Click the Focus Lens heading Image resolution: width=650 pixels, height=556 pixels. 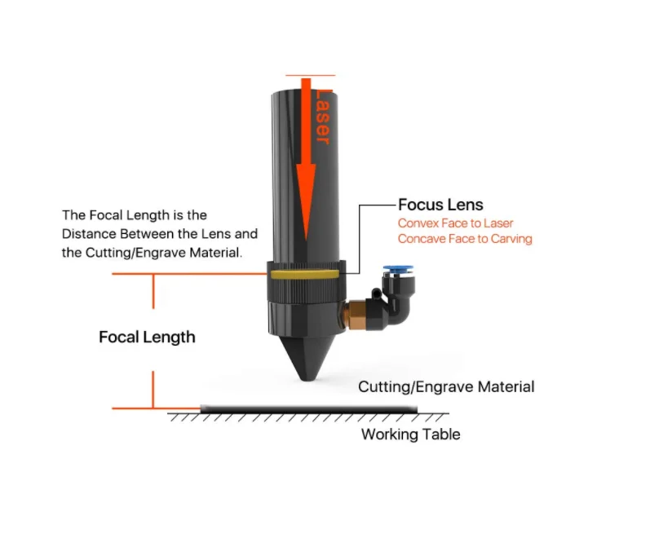pos(440,205)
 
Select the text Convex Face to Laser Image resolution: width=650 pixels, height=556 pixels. pos(455,223)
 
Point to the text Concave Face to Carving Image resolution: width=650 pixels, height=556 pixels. pos(465,239)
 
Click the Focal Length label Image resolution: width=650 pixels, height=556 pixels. pos(147,337)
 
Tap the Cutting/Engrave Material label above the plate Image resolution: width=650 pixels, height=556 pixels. pos(446,386)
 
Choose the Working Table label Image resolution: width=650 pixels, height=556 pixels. pos(410,435)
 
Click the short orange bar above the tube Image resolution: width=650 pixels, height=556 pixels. pos(311,75)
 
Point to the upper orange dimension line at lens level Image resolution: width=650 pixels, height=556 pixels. pos(188,274)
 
